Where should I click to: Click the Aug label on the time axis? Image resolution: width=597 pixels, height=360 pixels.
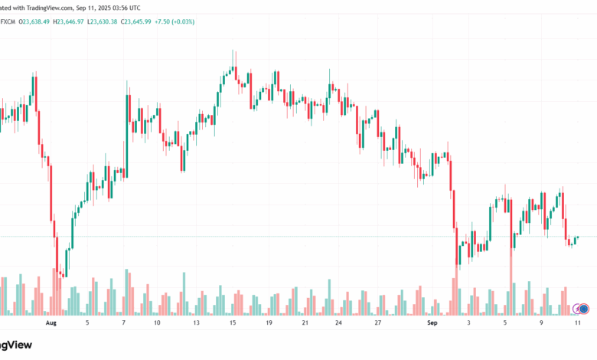pyautogui.click(x=51, y=323)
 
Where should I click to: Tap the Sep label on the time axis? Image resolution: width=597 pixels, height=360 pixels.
pyautogui.click(x=432, y=323)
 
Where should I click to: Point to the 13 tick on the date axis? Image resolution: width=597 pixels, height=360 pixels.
pyautogui.click(x=197, y=323)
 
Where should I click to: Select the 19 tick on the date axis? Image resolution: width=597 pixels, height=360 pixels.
pyautogui.click(x=269, y=323)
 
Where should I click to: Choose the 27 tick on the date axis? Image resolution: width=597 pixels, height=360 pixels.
pyautogui.click(x=377, y=323)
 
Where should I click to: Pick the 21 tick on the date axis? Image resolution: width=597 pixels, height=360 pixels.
pyautogui.click(x=305, y=323)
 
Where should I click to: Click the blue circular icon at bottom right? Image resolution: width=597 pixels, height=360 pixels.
pyautogui.click(x=584, y=309)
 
